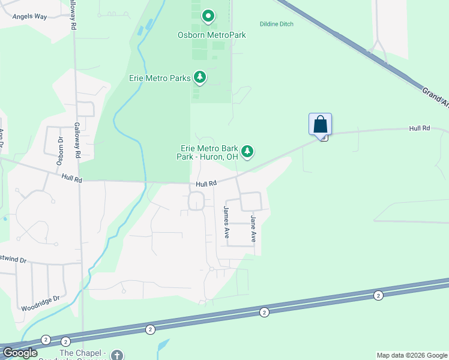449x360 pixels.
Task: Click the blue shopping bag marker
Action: tap(321, 124)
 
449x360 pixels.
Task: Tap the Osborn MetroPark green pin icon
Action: tap(208, 16)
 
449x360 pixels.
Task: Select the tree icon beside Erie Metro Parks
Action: tap(200, 77)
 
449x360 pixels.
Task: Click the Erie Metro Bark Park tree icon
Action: tap(247, 152)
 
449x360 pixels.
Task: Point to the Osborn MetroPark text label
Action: tap(212, 35)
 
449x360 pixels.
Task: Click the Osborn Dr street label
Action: tap(60, 150)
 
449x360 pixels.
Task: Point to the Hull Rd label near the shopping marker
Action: tap(420, 128)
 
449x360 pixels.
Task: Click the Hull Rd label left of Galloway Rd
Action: tap(71, 178)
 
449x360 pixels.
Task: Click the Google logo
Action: tap(20, 353)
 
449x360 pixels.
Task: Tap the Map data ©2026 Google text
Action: tap(412, 355)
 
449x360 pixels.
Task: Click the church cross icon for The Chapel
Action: tap(116, 355)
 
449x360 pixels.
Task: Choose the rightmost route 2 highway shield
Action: tap(378, 295)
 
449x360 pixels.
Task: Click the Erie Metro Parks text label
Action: tap(160, 78)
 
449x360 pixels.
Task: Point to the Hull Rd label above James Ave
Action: tap(205, 185)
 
